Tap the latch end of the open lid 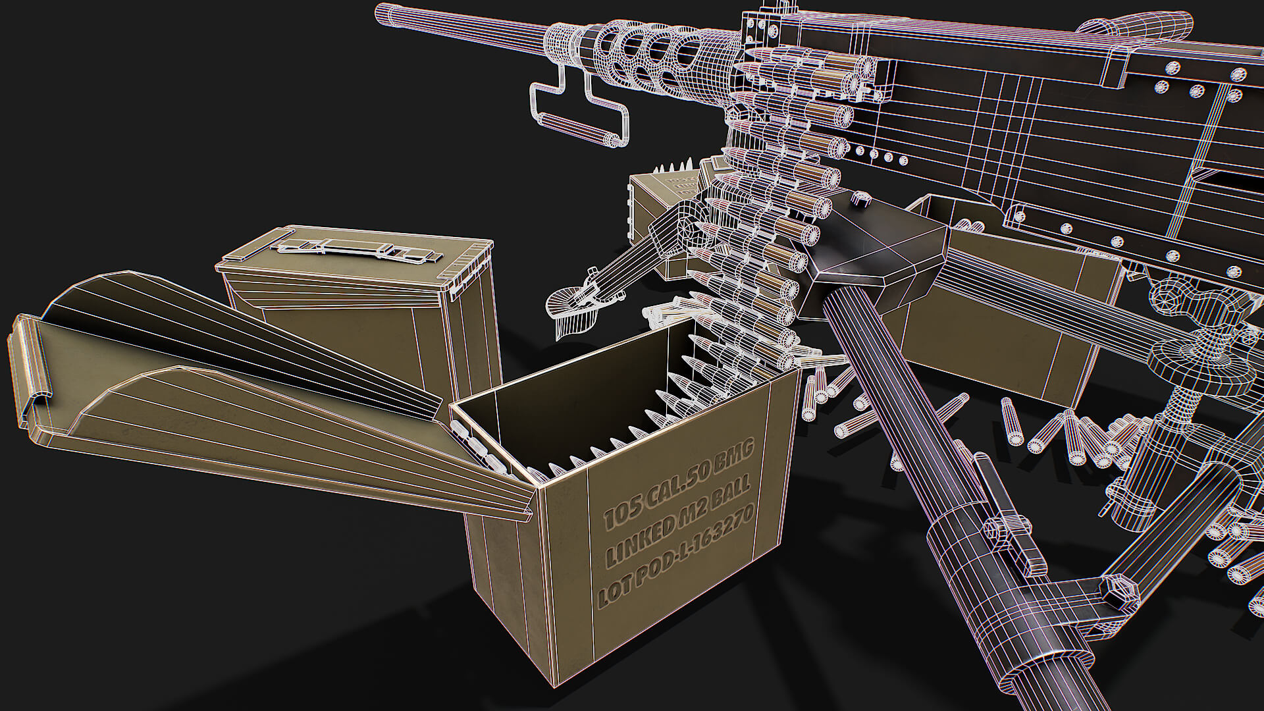pyautogui.click(x=30, y=369)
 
